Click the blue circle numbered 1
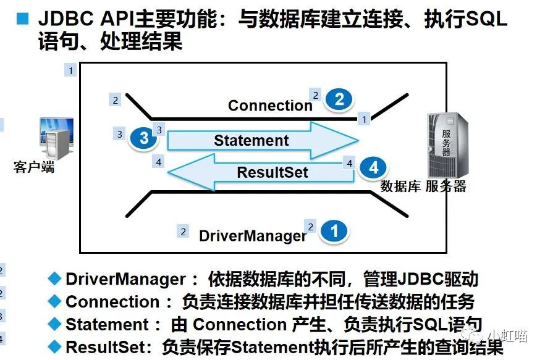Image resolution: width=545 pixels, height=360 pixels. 334,231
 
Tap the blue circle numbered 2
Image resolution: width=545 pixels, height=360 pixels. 339,99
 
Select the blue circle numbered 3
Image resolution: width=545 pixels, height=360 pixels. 143,138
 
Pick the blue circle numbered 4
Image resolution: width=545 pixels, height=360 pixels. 373,168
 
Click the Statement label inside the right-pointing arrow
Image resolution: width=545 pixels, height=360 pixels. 251,140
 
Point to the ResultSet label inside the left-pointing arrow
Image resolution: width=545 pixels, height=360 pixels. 272,172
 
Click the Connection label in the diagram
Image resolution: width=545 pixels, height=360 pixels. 270,106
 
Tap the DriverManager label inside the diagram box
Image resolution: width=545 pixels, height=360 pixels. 253,236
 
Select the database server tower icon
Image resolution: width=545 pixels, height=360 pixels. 447,145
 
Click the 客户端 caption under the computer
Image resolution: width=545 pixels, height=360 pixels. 34,167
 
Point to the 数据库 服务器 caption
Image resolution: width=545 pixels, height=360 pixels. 423,186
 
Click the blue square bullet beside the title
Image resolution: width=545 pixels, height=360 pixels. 23,19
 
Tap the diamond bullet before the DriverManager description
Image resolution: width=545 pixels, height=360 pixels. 54,278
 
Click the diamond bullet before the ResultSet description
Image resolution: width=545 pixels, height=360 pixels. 54,346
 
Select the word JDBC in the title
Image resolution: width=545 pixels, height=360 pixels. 66,19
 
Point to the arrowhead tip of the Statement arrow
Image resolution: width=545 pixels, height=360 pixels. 358,141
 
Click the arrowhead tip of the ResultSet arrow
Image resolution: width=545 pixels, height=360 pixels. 168,172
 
